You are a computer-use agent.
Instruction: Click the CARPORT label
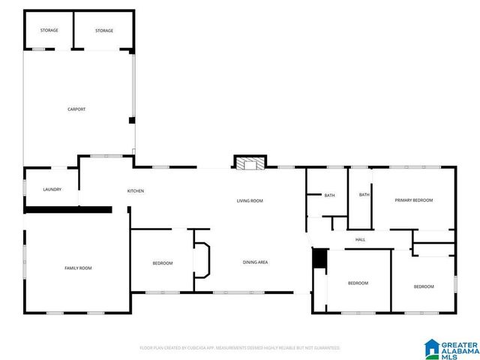pos(76,109)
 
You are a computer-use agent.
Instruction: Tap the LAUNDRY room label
pos(52,190)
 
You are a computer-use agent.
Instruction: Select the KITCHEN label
pos(136,191)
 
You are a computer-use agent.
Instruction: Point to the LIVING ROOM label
pos(250,201)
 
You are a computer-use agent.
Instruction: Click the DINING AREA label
pos(255,262)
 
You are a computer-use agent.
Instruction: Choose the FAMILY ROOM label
pos(77,268)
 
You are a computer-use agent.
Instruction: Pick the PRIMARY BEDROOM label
pos(414,200)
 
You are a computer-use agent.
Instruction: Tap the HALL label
pos(360,240)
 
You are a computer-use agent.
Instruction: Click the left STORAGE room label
pos(49,31)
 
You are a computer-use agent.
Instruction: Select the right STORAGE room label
pos(104,31)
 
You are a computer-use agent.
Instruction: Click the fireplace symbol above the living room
pos(250,163)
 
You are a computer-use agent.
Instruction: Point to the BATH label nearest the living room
pos(329,196)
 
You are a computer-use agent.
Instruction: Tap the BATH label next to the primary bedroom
pos(364,195)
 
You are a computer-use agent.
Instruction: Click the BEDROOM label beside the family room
pos(163,263)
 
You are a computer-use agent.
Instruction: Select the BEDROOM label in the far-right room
pos(424,286)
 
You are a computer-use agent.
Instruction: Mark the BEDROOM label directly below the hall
pos(358,283)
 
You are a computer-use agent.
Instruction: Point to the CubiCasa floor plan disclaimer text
pos(240,348)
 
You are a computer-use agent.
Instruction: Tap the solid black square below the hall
pos(320,257)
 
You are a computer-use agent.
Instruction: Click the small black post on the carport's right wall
pos(133,120)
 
